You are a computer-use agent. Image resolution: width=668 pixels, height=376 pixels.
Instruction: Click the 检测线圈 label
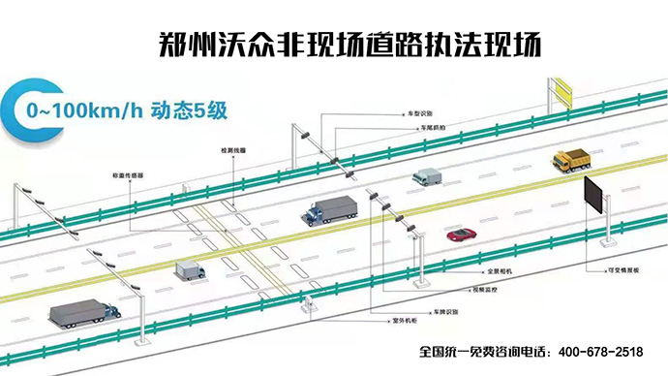232,151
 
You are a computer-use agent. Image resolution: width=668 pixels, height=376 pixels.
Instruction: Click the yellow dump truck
570,158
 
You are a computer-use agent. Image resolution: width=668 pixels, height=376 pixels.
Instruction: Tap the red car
461,234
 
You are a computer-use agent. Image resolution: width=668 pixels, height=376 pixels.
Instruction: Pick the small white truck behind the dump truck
426,176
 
